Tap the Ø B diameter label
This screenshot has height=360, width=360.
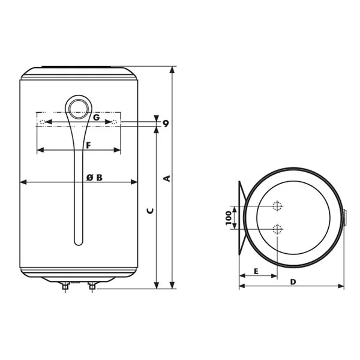(94, 178)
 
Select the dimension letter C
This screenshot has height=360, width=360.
(150, 211)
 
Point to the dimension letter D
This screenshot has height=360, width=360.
(293, 282)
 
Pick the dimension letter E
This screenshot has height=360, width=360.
(256, 271)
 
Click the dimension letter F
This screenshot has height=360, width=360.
(88, 145)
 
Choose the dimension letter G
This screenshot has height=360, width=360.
(97, 118)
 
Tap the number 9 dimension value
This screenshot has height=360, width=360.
(166, 124)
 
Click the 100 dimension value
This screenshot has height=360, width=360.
(229, 218)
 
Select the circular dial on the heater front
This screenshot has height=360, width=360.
(79, 109)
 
